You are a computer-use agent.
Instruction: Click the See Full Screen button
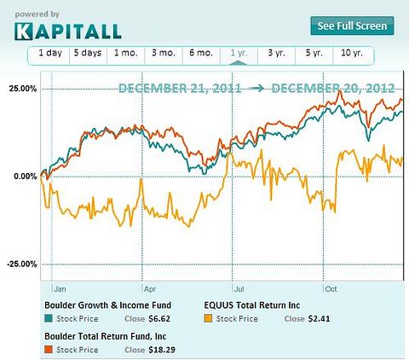tap(352, 26)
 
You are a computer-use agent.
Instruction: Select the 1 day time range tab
tap(49, 55)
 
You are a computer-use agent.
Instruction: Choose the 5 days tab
tap(87, 55)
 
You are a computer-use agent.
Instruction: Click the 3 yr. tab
tap(276, 55)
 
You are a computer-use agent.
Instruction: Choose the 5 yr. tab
tap(314, 55)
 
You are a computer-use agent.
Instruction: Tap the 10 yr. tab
tap(352, 55)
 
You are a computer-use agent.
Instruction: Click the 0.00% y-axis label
tap(24, 177)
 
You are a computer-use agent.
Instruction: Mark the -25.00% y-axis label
tap(21, 264)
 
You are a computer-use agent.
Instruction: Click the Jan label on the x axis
tap(61, 288)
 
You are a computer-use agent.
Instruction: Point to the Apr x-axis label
tap(149, 288)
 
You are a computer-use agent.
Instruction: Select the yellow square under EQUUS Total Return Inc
tap(210, 318)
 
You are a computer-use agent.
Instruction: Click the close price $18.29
tap(160, 350)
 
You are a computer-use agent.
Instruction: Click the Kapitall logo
tap(67, 32)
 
